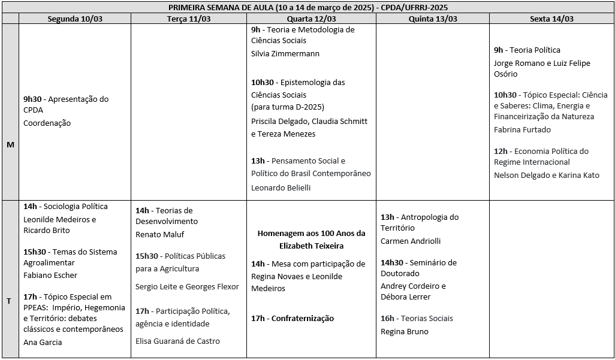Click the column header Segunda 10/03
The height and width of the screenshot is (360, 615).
(x=75, y=19)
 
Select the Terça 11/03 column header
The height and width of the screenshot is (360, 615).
(x=188, y=19)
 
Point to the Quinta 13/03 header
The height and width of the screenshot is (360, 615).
(x=433, y=19)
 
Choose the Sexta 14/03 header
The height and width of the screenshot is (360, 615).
(x=551, y=19)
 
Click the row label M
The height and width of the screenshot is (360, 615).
(x=10, y=144)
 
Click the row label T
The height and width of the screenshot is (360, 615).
(x=9, y=301)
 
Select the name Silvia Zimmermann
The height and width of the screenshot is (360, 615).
(x=285, y=54)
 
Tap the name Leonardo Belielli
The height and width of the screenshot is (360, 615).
(x=281, y=187)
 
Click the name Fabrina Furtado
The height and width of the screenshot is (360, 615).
(x=522, y=129)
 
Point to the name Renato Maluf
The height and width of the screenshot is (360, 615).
(x=159, y=234)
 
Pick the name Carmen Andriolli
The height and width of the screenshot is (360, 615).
(x=411, y=241)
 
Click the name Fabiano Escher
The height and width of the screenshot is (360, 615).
(x=50, y=276)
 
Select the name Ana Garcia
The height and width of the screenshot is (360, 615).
(x=43, y=342)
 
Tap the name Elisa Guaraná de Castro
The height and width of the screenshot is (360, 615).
(x=177, y=341)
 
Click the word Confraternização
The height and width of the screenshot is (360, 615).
(x=303, y=319)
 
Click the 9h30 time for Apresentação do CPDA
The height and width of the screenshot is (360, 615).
(x=33, y=99)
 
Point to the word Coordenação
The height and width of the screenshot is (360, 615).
(x=47, y=123)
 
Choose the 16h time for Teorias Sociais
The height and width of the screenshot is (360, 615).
(x=387, y=319)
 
